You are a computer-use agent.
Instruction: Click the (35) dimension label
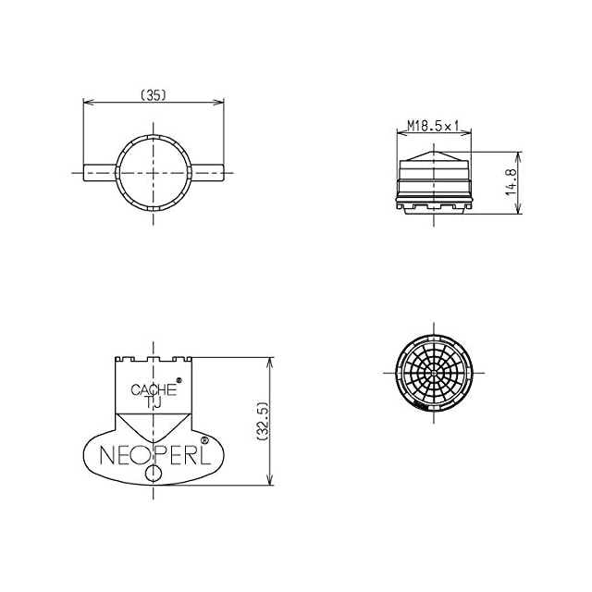tap(154, 95)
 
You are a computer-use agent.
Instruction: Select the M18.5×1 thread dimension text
tap(433, 126)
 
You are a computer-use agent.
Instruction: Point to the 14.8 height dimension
tap(512, 181)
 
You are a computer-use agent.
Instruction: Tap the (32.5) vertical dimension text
tap(263, 422)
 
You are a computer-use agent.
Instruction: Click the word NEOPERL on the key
tap(154, 455)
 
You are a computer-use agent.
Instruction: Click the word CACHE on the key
tap(154, 390)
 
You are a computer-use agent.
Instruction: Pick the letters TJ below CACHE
tap(153, 402)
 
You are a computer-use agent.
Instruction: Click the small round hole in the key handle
tap(154, 474)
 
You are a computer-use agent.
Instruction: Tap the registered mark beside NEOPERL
tap(204, 440)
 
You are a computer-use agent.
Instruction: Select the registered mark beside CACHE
tap(179, 380)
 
